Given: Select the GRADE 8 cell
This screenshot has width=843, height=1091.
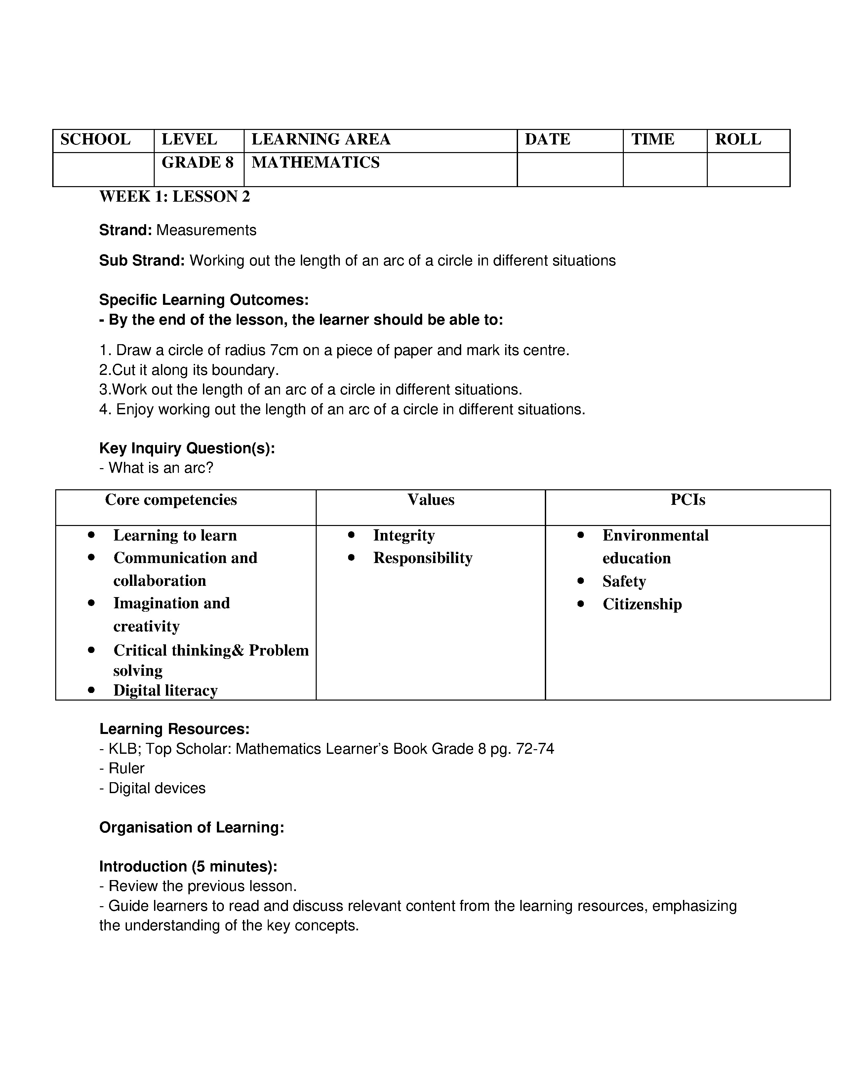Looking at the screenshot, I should point(197,162).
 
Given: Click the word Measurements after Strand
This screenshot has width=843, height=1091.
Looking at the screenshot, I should point(206,230).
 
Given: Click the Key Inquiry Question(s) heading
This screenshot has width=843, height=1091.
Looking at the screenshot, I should point(187,448).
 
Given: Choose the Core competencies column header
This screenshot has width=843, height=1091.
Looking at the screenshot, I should point(171,500).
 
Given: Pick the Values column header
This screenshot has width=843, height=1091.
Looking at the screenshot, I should point(430,500).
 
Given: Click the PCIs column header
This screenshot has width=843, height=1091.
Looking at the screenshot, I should point(687,500).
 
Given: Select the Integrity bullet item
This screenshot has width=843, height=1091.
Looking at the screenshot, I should point(404,536).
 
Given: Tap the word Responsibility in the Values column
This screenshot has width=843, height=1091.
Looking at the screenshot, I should point(422,558).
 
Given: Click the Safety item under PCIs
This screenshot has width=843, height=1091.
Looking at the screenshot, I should point(624,582).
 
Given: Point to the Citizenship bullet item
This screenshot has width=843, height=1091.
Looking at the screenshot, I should point(642,604).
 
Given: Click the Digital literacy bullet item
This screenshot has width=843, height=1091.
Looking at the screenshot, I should point(165,690).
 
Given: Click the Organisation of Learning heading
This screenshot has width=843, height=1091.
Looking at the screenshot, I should point(192,828).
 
